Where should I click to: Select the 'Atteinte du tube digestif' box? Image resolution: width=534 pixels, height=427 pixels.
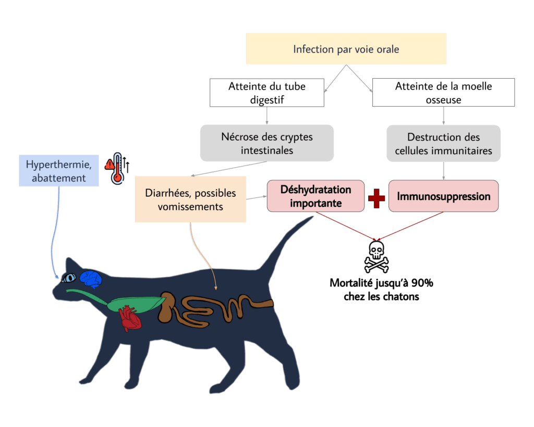[267, 93]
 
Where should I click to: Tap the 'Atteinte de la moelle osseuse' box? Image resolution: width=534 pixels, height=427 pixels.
[443, 93]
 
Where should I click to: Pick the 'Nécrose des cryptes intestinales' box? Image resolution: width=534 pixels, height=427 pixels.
[267, 143]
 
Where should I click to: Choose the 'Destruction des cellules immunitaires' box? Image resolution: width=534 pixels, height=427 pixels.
[443, 143]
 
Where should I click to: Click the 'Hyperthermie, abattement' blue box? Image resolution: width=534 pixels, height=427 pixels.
[58, 171]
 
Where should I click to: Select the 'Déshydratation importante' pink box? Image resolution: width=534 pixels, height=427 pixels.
[315, 196]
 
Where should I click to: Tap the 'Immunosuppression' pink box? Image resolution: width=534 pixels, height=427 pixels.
[443, 196]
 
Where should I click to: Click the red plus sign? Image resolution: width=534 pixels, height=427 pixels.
[377, 198]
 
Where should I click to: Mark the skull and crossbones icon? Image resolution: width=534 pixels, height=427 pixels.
[377, 257]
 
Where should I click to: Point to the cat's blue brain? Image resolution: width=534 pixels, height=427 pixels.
[91, 279]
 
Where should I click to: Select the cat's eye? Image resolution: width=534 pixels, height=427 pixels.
[69, 278]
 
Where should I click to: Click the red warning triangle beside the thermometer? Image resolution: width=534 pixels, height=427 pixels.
[109, 165]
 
